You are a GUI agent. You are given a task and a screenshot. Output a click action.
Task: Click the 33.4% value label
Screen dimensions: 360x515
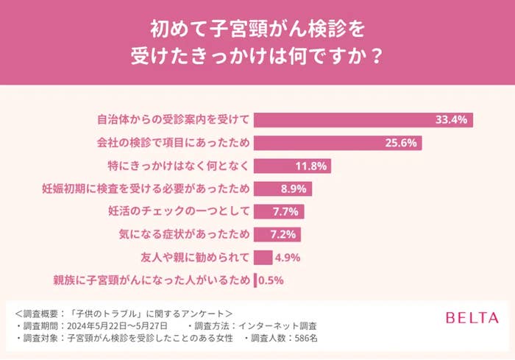[452, 120]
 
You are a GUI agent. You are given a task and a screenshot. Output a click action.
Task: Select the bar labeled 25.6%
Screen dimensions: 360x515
[338, 143]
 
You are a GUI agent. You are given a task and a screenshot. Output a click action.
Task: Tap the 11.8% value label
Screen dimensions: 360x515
[311, 166]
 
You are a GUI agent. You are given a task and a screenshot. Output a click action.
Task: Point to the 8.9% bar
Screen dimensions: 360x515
[283, 188]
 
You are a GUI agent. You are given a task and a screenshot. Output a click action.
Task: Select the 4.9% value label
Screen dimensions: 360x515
[288, 258]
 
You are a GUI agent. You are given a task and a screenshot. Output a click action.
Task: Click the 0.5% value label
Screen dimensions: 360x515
[270, 280]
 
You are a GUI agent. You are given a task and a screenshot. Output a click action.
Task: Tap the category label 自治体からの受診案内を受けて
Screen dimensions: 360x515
[174, 120]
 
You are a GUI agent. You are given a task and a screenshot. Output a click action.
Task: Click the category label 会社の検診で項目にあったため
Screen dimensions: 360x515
[174, 143]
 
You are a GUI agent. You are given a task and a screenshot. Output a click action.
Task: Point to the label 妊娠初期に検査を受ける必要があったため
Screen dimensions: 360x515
[147, 188]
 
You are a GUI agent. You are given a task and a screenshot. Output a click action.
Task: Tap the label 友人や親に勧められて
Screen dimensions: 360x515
[194, 258]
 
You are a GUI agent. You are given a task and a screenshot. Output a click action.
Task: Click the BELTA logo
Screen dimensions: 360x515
[472, 318]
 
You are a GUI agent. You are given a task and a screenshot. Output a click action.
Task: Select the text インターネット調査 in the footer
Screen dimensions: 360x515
[285, 325]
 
